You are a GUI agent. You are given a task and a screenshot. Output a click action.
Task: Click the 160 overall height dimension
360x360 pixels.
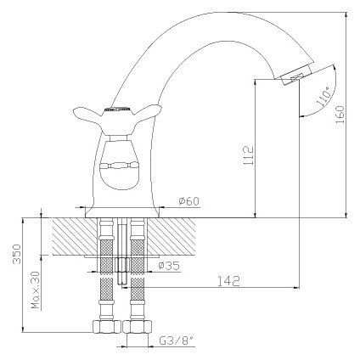[x=340, y=115]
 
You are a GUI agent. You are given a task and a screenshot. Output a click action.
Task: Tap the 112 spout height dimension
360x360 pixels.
[x=249, y=155]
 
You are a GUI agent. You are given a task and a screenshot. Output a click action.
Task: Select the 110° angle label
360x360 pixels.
[x=324, y=96]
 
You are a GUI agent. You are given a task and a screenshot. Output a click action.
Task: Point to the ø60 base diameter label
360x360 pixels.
[x=188, y=201]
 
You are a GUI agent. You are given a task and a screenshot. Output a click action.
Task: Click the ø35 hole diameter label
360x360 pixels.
[x=169, y=266]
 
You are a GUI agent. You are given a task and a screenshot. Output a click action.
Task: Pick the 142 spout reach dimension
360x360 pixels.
[x=228, y=281]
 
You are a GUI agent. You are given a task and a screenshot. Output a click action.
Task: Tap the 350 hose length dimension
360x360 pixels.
[x=17, y=254]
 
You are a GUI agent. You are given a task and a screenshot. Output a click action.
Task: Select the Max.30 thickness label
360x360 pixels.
[x=36, y=290]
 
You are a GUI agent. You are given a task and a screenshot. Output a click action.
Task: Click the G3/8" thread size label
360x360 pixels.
[x=177, y=340]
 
